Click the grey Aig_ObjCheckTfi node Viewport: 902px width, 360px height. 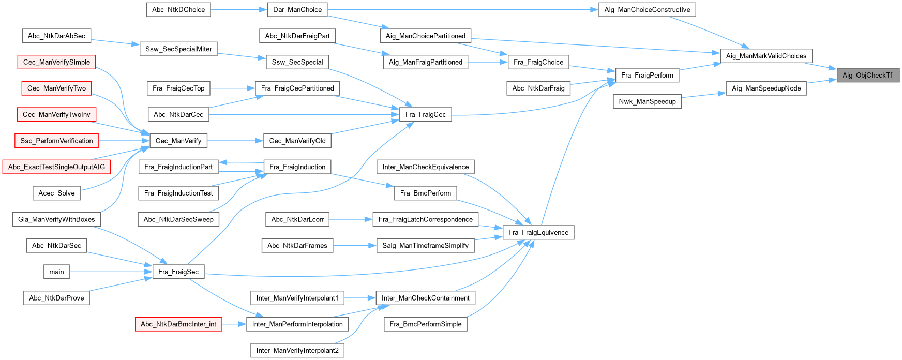tap(868, 75)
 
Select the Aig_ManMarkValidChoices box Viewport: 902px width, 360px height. tap(765, 56)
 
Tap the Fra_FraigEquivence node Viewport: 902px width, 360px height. tap(538, 232)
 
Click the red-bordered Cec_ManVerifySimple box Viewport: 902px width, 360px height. tap(56, 62)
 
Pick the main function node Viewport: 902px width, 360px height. tap(56, 272)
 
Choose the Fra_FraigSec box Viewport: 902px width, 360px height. tap(178, 272)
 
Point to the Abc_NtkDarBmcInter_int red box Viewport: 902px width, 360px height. tap(178, 324)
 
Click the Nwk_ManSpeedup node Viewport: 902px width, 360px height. tap(647, 101)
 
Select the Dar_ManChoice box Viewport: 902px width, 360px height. tap(297, 9)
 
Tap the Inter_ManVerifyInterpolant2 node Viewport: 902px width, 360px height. tap(297, 350)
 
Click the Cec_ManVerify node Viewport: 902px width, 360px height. tap(178, 141)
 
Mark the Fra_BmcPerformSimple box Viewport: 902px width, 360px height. tap(425, 324)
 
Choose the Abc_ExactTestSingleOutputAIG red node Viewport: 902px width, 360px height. tap(56, 167)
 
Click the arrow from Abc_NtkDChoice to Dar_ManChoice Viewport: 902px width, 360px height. tap(238, 9)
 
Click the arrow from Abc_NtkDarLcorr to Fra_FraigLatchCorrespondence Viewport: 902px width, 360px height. tap(351, 219)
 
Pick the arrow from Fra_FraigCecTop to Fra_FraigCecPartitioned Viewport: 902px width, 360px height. tap(233, 88)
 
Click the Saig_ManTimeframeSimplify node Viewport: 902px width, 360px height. tap(425, 245)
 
